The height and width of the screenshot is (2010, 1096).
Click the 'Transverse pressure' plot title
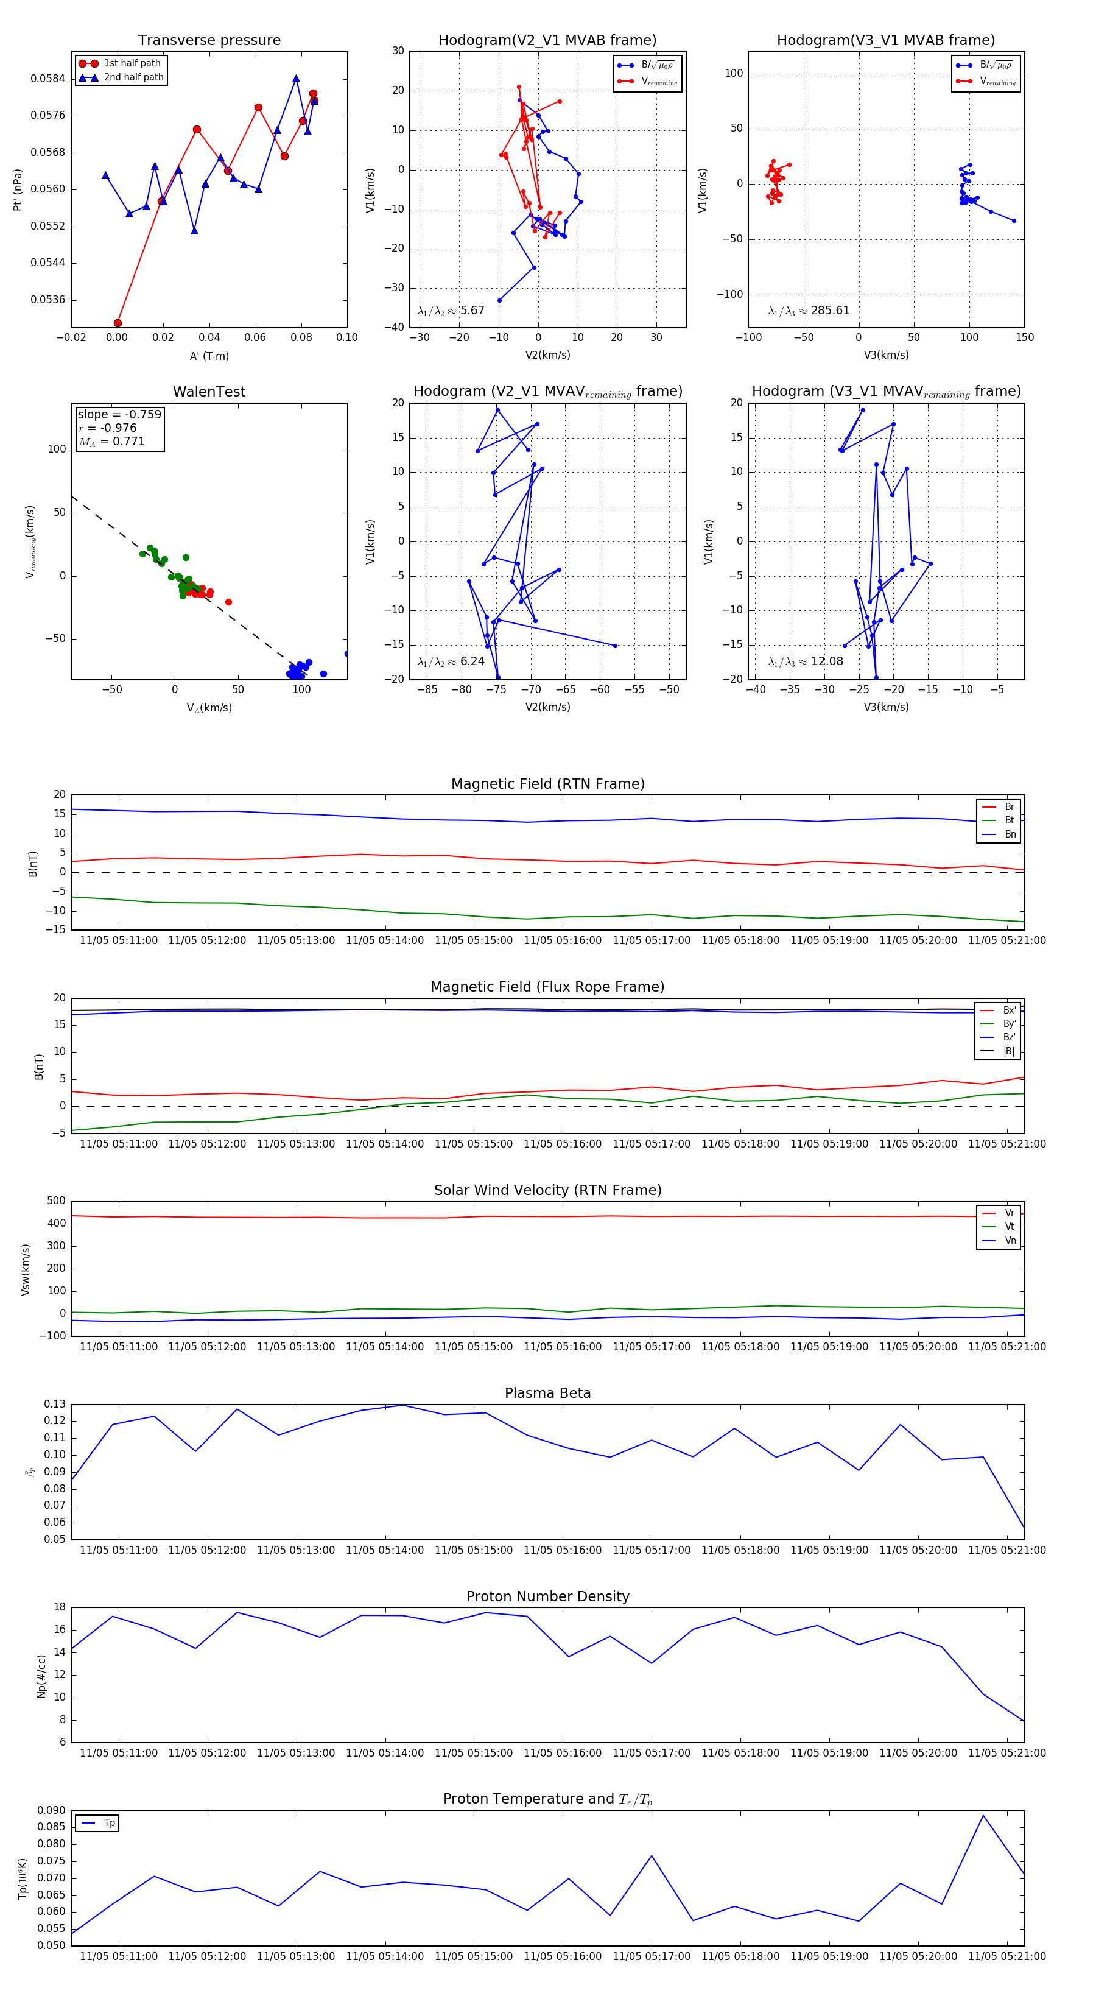(209, 41)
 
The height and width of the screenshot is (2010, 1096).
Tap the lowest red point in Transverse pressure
(118, 323)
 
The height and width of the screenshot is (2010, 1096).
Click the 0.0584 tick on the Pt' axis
(47, 79)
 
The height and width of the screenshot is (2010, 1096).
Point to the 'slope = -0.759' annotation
(119, 414)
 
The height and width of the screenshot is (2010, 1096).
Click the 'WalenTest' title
(209, 392)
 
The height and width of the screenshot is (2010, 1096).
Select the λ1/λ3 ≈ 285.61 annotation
(808, 311)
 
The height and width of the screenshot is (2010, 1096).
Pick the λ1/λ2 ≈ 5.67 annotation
(451, 311)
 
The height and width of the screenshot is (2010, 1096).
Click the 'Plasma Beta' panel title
(547, 1394)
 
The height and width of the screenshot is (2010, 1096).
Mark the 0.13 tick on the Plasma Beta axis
(55, 1405)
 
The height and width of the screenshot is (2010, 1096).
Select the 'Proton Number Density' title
(547, 1596)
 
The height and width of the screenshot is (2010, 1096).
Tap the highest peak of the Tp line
(983, 1816)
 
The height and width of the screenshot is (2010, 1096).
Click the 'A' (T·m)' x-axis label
(209, 356)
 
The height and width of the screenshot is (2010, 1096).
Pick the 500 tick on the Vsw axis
(56, 1201)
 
